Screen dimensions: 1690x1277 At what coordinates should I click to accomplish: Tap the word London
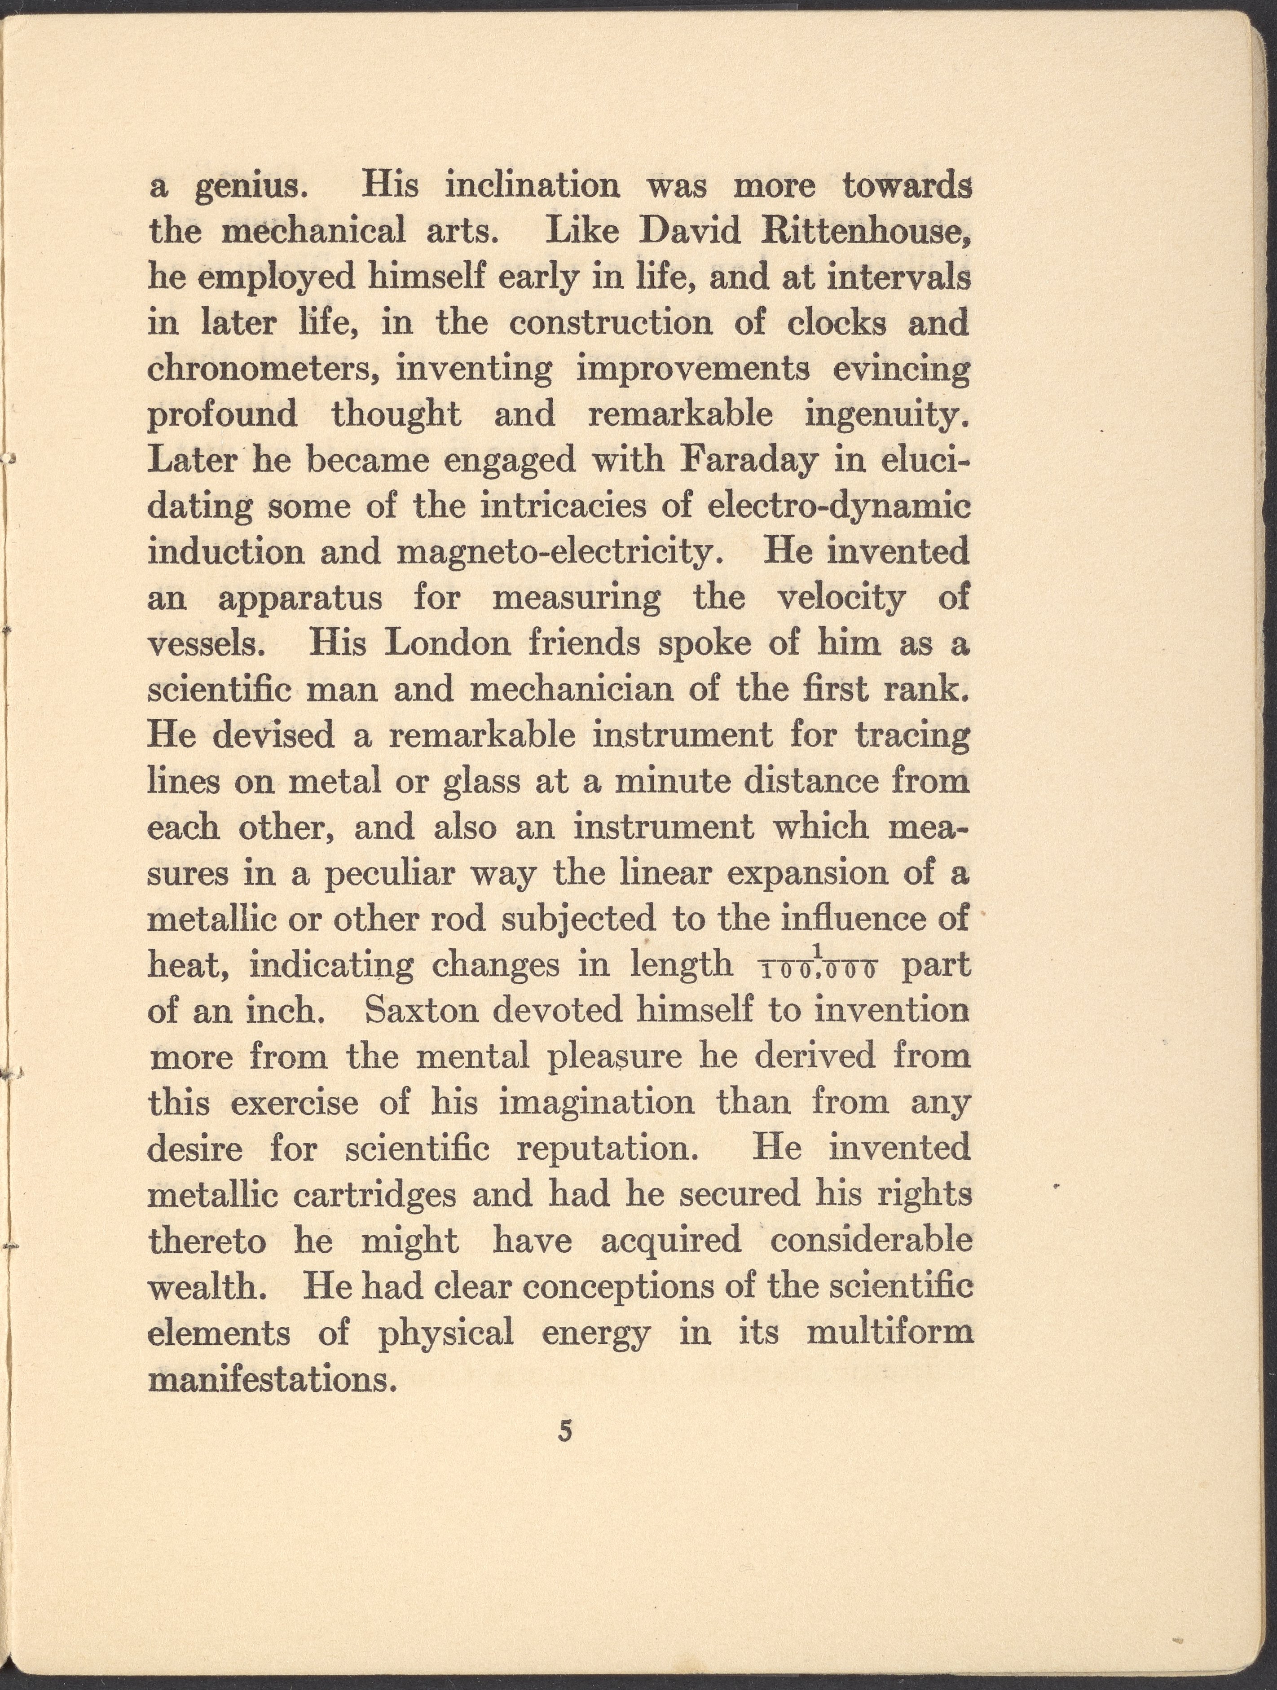pos(447,644)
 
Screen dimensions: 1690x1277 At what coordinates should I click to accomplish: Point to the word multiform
pos(889,1333)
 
